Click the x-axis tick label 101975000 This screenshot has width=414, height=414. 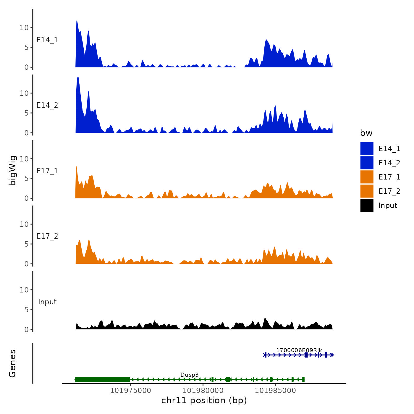[130, 391]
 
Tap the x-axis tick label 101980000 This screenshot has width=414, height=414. [203, 391]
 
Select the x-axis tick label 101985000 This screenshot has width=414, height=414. [275, 391]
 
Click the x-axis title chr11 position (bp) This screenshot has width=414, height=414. [204, 401]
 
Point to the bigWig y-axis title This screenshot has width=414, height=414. [12, 171]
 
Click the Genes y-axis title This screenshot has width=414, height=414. [12, 363]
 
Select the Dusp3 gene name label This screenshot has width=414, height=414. [190, 375]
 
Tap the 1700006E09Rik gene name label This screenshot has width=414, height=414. [299, 350]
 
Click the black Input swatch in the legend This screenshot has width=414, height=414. [367, 206]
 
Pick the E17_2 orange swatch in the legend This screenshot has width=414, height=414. [367, 191]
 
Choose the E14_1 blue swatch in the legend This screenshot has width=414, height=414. [367, 149]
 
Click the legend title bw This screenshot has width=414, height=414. [366, 133]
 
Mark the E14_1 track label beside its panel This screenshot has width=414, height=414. [47, 40]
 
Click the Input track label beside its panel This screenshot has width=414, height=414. [47, 302]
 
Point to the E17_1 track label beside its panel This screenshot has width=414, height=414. [47, 171]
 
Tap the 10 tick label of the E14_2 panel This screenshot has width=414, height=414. [24, 93]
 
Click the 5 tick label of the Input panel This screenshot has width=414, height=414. [27, 310]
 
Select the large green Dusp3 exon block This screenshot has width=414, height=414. [102, 379]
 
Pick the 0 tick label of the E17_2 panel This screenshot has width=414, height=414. [27, 264]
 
